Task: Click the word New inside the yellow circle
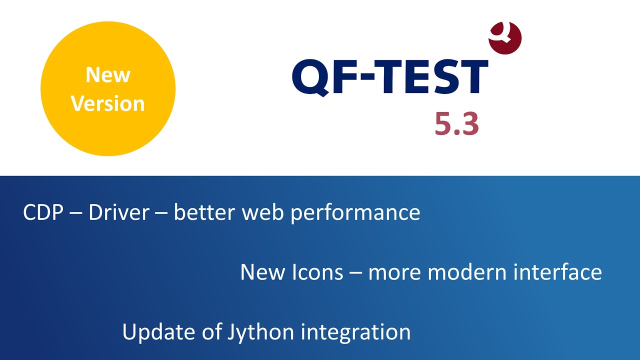107,75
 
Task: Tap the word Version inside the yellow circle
107,103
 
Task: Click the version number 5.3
456,124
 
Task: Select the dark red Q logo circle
505,38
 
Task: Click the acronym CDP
43,213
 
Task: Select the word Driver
118,213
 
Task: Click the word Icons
317,272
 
